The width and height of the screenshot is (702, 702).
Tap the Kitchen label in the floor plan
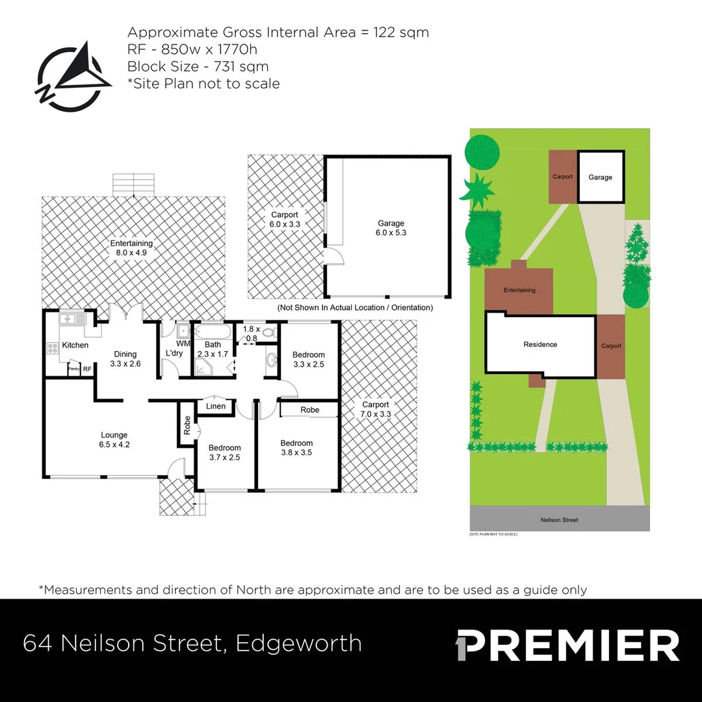click(x=75, y=344)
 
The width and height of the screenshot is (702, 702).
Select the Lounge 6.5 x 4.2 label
click(x=114, y=440)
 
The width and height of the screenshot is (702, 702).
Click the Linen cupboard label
click(x=216, y=406)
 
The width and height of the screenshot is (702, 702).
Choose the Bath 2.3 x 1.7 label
click(x=213, y=349)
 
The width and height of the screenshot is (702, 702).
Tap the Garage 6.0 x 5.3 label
click(x=391, y=227)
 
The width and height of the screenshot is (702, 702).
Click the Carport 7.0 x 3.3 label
click(x=376, y=409)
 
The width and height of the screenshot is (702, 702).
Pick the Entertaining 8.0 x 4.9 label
click(x=131, y=248)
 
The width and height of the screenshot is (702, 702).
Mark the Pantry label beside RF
click(x=74, y=369)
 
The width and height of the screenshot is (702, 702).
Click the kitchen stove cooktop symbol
click(x=52, y=348)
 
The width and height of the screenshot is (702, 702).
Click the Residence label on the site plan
click(x=540, y=344)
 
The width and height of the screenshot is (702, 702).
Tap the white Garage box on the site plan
click(x=600, y=177)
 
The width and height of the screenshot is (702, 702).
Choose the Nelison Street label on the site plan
click(x=559, y=520)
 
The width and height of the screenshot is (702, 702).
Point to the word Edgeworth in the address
click(x=298, y=643)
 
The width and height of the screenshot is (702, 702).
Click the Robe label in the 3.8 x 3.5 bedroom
click(x=310, y=410)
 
